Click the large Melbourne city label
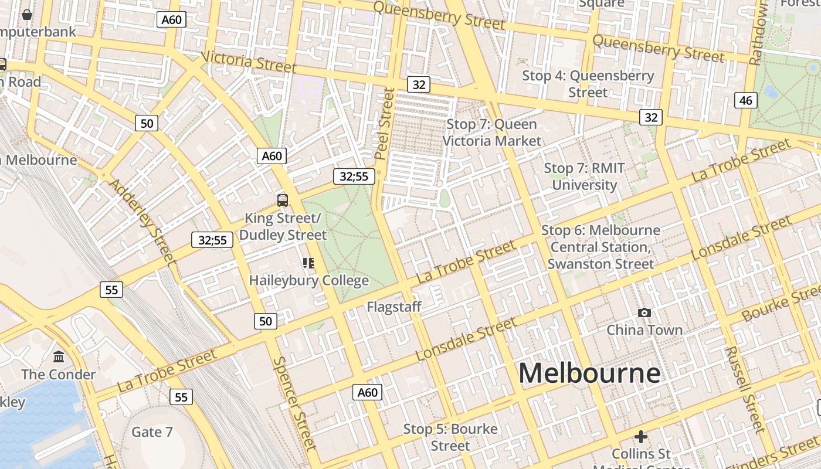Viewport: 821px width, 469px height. point(589,373)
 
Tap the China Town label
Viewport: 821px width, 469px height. point(644,330)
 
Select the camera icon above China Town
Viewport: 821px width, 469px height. point(644,313)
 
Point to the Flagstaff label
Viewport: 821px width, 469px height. point(394,307)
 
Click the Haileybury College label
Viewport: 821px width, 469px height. point(309,280)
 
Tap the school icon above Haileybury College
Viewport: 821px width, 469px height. point(308,263)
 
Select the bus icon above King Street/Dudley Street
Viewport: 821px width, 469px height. point(283,200)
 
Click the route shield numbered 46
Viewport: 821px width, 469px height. point(745,100)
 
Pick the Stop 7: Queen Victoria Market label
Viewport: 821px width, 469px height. point(492,132)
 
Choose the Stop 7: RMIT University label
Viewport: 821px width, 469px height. point(585,176)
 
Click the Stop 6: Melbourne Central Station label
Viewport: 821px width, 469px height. point(601,247)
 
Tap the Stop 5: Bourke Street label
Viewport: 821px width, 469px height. point(450,437)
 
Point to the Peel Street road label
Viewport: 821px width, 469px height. point(385,123)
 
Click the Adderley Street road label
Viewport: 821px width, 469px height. point(143,220)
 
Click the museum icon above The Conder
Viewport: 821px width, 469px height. point(59,356)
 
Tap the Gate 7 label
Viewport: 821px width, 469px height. point(152,432)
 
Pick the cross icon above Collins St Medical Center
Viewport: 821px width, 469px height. point(641,437)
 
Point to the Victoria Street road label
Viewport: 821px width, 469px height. point(249,62)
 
